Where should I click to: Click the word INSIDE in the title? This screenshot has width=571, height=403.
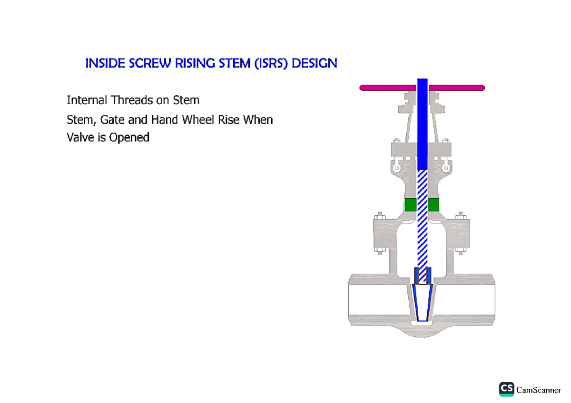pyautogui.click(x=101, y=64)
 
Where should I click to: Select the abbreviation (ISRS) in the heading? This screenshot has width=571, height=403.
pyautogui.click(x=270, y=64)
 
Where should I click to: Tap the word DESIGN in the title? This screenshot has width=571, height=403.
pyautogui.click(x=315, y=64)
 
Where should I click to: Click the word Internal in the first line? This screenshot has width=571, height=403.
pyautogui.click(x=87, y=100)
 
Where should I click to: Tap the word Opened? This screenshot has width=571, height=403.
pyautogui.click(x=129, y=138)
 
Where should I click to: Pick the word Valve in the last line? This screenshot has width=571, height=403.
pyautogui.click(x=80, y=138)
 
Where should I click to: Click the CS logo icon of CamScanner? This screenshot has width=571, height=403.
pyautogui.click(x=506, y=389)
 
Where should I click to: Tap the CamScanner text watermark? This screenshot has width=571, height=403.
pyautogui.click(x=539, y=390)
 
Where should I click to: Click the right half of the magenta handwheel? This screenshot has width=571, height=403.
pyautogui.click(x=457, y=87)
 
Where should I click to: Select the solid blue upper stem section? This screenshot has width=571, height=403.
pyautogui.click(x=422, y=124)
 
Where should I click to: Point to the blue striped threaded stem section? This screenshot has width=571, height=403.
pyautogui.click(x=422, y=219)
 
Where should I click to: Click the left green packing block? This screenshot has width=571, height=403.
pyautogui.click(x=410, y=205)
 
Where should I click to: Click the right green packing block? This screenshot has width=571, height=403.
pyautogui.click(x=433, y=205)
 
